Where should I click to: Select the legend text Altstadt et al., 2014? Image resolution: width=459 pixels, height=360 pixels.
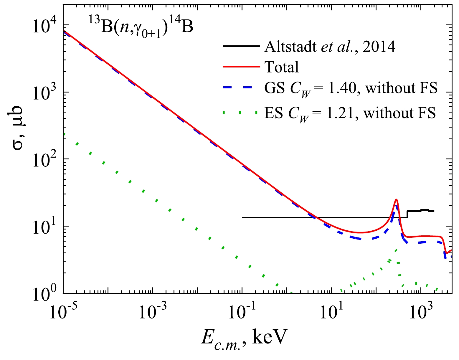(x=330, y=46)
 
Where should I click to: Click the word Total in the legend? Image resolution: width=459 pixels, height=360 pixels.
(x=282, y=67)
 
